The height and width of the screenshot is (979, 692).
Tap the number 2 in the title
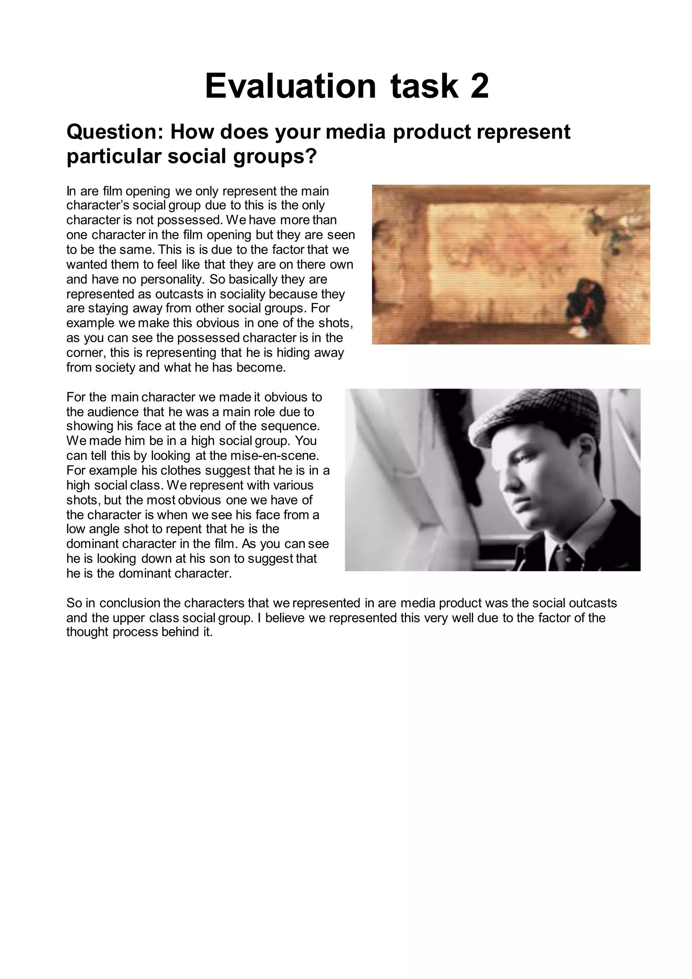(479, 86)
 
